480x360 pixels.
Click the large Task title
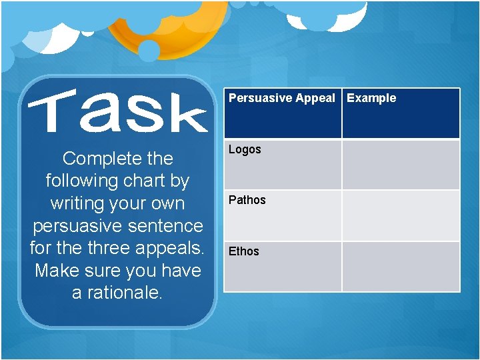point(117,113)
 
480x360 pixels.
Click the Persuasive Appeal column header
point(282,98)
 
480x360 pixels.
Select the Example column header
point(371,98)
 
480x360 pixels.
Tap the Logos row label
point(245,149)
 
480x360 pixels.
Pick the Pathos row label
point(247,200)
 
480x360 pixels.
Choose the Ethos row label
point(244,251)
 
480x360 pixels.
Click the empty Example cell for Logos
point(401,165)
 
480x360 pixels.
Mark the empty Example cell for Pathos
point(401,215)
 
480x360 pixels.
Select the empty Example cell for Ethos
point(401,266)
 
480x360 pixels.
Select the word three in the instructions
point(117,248)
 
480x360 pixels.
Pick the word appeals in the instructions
point(175,248)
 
